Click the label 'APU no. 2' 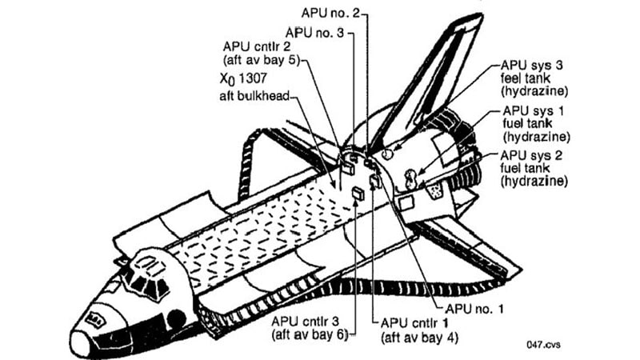(x=330, y=14)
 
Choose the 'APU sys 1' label (x=533, y=110)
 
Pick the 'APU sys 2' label (x=533, y=154)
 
